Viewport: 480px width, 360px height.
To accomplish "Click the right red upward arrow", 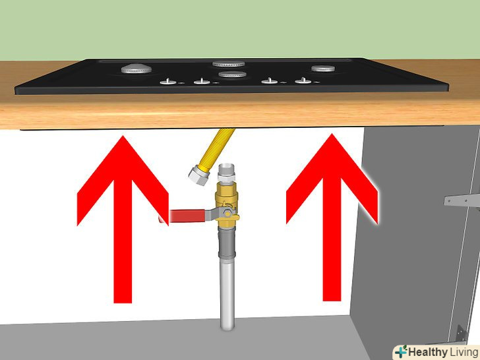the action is pos(332,218).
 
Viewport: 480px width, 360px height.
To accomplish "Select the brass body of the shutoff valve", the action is pos(227,204).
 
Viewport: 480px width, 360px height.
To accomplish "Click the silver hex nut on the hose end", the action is pos(198,175).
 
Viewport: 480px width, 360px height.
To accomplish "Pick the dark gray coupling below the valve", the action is pos(227,244).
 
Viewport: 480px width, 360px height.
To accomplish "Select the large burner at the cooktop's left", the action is pos(136,69).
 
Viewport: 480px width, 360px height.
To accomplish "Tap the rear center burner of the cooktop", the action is pos(229,64).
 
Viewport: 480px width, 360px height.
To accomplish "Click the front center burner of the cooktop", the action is pos(233,75).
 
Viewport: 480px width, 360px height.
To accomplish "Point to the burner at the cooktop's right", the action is pos(323,69).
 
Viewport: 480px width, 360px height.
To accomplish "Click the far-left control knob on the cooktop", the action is pos(168,82).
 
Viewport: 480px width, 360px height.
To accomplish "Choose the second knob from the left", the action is pos(202,81).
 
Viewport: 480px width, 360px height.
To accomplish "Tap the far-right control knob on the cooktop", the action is pos(303,81).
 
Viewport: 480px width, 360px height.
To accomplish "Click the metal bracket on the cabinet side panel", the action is pos(462,201).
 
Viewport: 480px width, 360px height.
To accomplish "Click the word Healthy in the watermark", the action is pos(427,352).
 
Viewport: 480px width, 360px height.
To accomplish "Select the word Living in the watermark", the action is pos(464,352).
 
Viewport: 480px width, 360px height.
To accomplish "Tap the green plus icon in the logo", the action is pos(401,351).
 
